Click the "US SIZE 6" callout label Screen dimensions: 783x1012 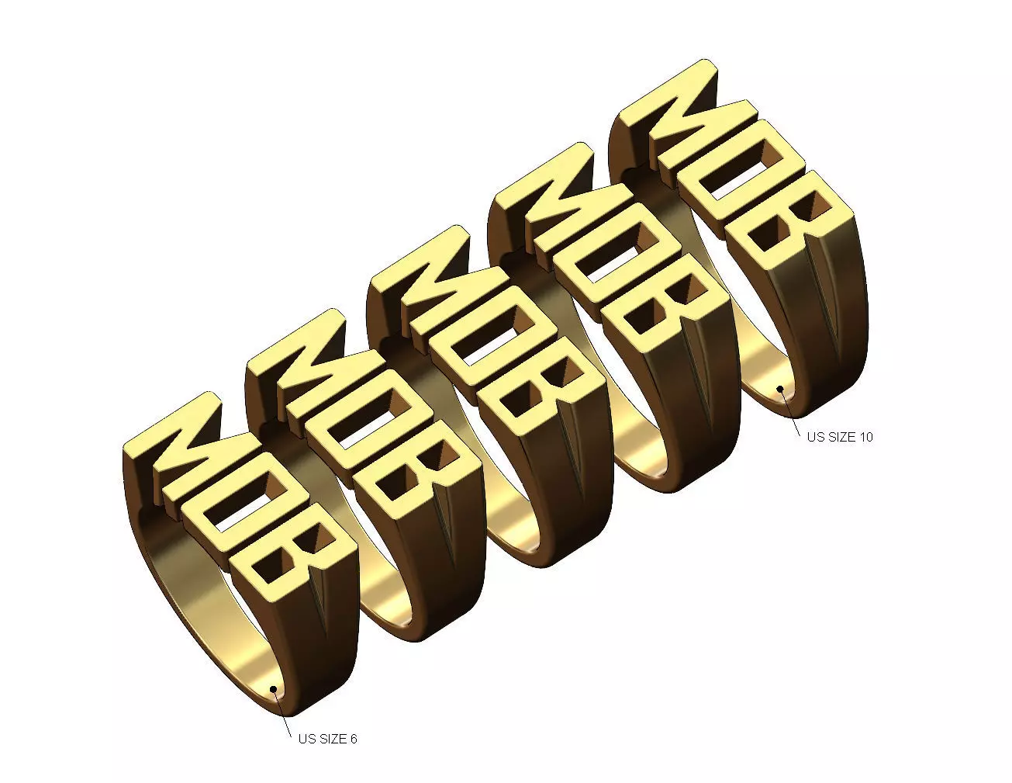[327, 739]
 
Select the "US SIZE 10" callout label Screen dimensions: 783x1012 [839, 437]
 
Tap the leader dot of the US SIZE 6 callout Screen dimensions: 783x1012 [272, 688]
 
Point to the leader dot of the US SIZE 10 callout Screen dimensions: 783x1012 [781, 387]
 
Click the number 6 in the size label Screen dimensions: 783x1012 [353, 739]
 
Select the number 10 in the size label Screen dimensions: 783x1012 [865, 437]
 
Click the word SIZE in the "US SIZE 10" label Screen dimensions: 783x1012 [842, 437]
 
